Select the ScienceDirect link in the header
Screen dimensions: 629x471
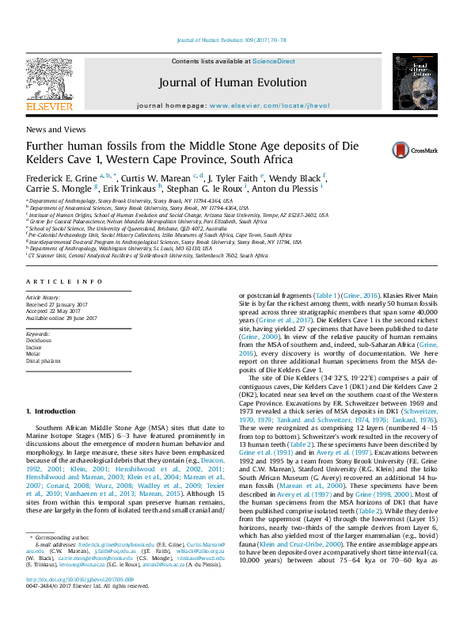[x=274, y=62]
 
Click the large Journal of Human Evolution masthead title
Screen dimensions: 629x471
[x=232, y=82]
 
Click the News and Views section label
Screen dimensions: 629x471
[x=57, y=128]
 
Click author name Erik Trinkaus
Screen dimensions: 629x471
[x=139, y=190]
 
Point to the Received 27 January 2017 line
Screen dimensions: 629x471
[x=66, y=305]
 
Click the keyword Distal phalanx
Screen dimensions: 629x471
[x=44, y=360]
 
